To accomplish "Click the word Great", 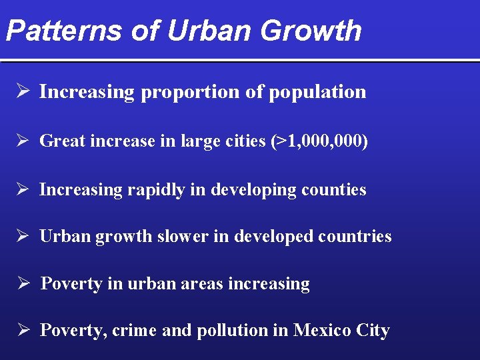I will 62,141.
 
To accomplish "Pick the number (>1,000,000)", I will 318,141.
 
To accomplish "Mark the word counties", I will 333,189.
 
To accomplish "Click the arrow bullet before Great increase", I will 23,141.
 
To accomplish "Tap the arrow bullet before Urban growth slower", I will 23,236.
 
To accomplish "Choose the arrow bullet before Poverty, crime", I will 23,330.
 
